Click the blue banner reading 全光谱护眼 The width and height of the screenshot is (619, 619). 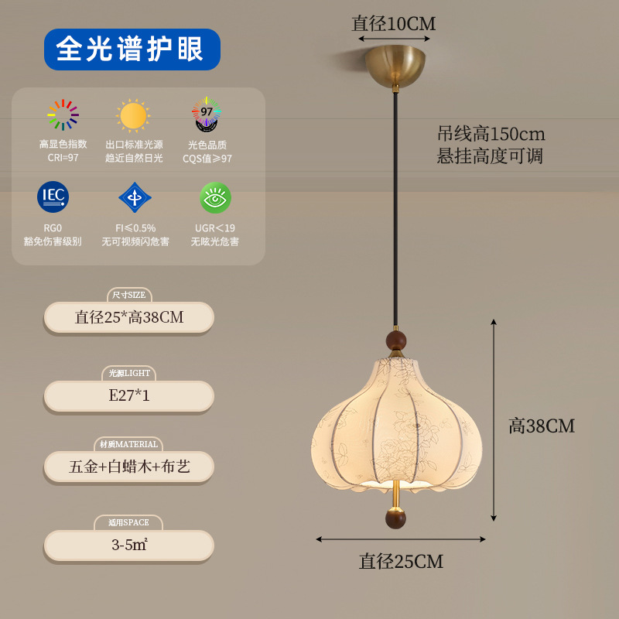(132, 50)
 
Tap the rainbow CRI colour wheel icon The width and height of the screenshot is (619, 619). (63, 115)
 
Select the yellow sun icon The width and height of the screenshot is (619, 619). (133, 115)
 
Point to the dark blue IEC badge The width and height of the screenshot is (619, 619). (53, 197)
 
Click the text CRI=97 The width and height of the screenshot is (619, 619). (63, 158)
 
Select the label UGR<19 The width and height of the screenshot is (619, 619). (214, 228)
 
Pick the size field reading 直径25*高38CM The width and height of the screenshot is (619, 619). (128, 317)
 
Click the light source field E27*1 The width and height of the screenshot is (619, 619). (128, 396)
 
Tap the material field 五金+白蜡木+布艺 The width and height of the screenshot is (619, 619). (128, 467)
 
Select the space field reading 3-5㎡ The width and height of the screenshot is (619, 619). (128, 545)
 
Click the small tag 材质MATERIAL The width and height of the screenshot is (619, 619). (128, 444)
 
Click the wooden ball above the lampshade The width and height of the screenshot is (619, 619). (396, 340)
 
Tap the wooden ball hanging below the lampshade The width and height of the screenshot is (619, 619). (395, 518)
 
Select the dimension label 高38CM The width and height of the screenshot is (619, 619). (542, 426)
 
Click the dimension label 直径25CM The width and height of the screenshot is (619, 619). (401, 562)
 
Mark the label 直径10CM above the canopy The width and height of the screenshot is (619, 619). (394, 24)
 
